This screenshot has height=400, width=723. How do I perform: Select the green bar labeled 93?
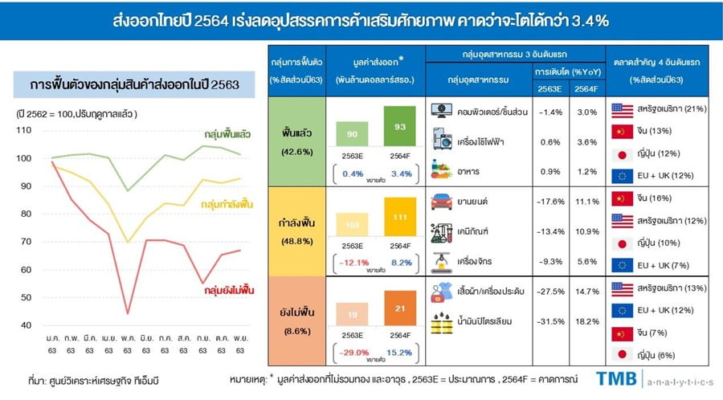coord(400,127)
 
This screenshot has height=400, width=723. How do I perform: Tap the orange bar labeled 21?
coord(400,311)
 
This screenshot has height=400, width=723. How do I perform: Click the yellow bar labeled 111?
coord(400,219)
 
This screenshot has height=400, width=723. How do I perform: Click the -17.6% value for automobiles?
coord(549,202)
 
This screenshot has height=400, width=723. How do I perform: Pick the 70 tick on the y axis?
coord(27,241)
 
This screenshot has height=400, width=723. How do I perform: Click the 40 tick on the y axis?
coord(27,324)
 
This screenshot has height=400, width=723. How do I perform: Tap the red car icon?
coord(441,202)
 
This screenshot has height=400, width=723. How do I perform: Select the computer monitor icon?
coord(441,111)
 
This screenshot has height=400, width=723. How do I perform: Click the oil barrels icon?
coord(441,321)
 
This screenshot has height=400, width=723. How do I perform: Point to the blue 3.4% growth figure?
coord(399,173)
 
